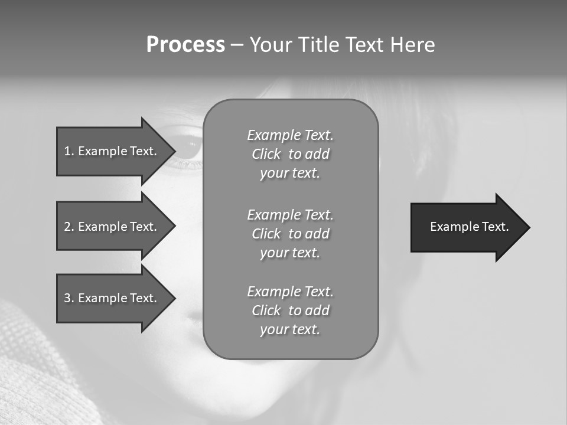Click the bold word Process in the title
click(x=185, y=45)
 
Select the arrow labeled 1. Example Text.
click(x=112, y=151)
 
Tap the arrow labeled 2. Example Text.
click(x=112, y=227)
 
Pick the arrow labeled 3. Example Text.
click(x=112, y=298)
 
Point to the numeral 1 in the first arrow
click(x=67, y=151)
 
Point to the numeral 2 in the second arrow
click(x=67, y=227)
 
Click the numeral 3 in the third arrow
click(x=67, y=298)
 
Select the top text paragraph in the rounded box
click(x=290, y=154)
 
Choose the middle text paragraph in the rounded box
click(x=290, y=234)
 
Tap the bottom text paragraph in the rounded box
click(x=290, y=310)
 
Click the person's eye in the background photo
click(x=188, y=148)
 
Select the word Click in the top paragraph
click(x=266, y=154)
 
